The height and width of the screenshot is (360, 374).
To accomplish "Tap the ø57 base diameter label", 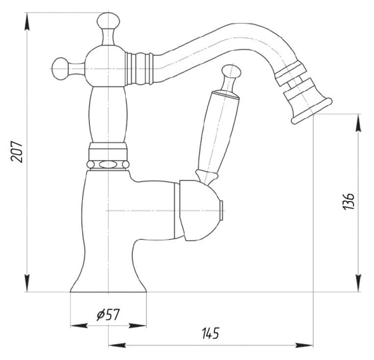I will [108, 314].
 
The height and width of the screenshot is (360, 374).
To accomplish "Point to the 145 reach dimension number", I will [210, 334].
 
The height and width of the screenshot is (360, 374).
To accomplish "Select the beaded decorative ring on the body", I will [107, 164].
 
